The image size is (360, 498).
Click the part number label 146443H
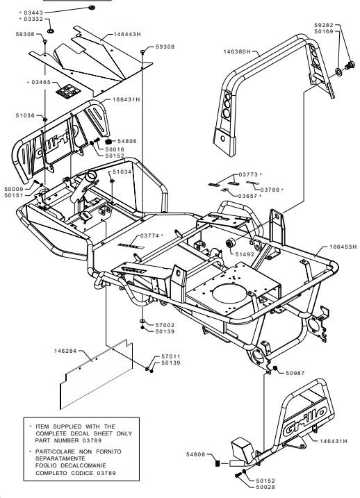point(127,34)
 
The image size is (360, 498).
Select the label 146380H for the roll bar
point(237,51)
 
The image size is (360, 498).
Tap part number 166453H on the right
point(343,247)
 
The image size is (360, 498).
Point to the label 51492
point(245,254)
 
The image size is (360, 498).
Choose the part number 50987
point(295,373)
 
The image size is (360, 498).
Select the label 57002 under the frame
point(165,325)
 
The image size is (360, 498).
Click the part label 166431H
point(126,99)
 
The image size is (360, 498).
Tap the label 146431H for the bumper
point(334,441)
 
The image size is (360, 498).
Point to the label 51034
point(122,172)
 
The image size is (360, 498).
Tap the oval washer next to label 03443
point(92,7)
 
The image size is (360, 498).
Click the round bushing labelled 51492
point(230,243)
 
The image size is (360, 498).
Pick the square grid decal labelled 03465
point(68,91)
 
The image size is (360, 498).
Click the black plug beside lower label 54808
point(218,463)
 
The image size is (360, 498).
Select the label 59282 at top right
point(324,25)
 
